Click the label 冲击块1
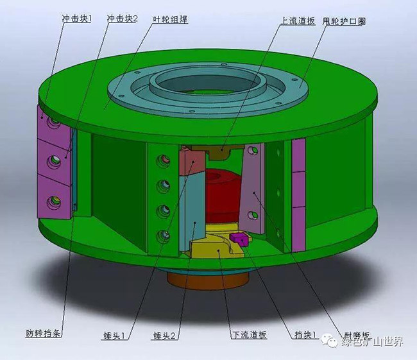coord(76,19)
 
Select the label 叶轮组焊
coord(170,19)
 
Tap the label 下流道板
coord(248,335)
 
